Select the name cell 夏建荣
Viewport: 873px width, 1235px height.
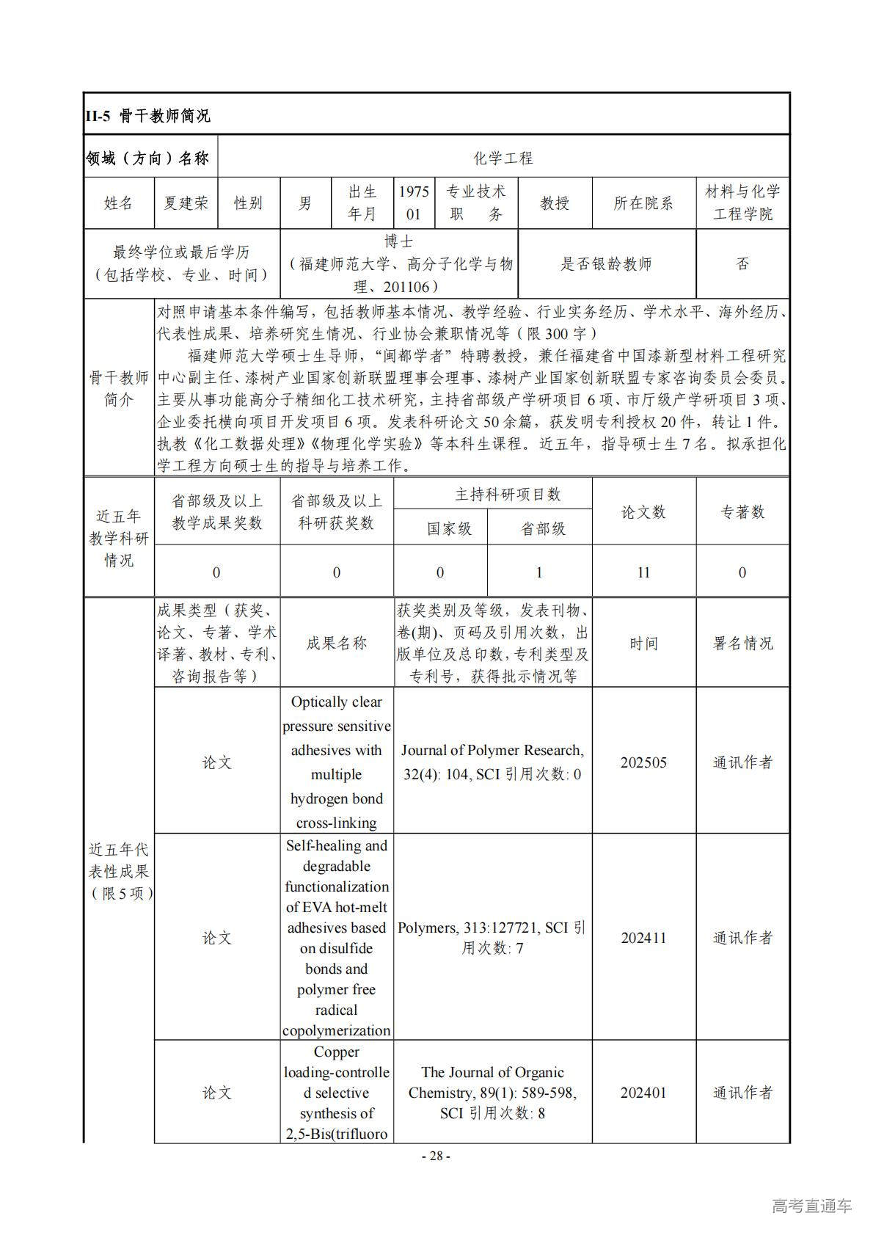(186, 203)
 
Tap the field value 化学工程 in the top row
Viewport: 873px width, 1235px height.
(503, 158)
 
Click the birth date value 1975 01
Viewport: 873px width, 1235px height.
(414, 203)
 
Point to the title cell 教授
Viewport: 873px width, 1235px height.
(555, 203)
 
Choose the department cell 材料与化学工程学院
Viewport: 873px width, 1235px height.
(742, 203)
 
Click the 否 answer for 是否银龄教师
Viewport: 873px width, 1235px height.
(742, 264)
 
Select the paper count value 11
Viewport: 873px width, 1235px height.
(643, 572)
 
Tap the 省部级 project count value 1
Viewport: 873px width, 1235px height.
(539, 572)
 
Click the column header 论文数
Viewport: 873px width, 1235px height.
(643, 511)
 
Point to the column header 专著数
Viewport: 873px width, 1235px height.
(742, 511)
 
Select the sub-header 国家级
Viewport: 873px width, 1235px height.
(449, 528)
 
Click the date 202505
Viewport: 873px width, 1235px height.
(643, 762)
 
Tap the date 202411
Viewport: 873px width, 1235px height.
(643, 938)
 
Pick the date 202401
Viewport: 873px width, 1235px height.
(643, 1093)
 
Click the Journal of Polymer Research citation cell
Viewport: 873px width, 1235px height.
(492, 762)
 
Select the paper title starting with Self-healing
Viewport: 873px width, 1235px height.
(337, 938)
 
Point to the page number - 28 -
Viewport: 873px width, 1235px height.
(436, 1156)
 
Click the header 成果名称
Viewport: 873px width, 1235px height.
(337, 644)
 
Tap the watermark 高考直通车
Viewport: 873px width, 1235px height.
(812, 1206)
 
